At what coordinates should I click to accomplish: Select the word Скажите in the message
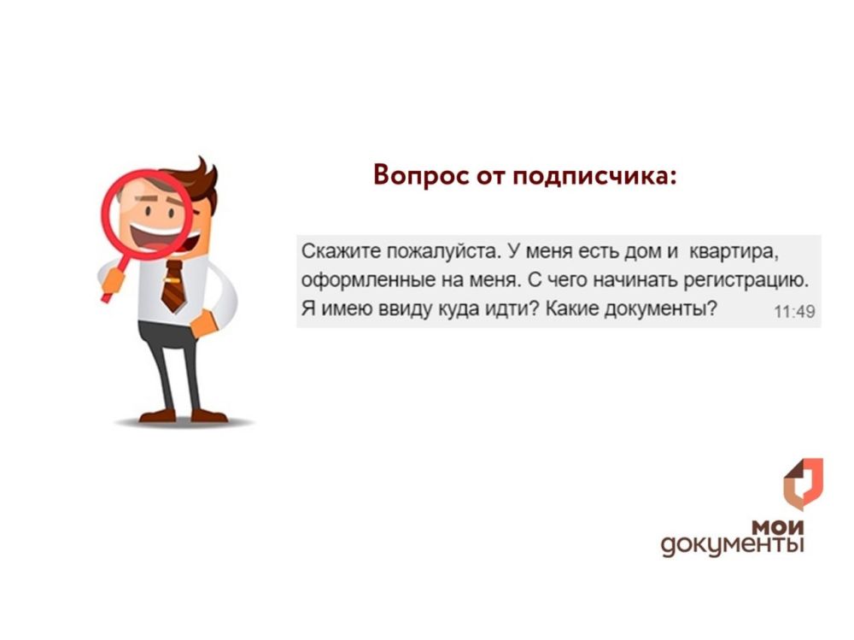click(332, 252)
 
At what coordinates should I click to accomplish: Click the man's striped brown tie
click(173, 287)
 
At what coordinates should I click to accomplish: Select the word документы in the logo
click(732, 544)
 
